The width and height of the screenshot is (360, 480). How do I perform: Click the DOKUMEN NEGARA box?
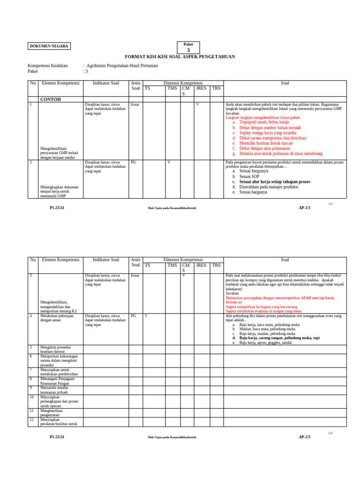pyautogui.click(x=49, y=46)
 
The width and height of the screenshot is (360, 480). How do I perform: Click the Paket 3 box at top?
pyautogui.click(x=188, y=47)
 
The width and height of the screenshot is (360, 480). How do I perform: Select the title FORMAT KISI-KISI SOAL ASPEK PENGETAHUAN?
pyautogui.click(x=180, y=56)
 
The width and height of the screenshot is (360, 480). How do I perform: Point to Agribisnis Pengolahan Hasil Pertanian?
pyautogui.click(x=122, y=66)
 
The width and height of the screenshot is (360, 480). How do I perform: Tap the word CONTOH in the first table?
pyautogui.click(x=51, y=99)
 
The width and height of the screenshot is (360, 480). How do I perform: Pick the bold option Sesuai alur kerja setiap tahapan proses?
pyautogui.click(x=275, y=181)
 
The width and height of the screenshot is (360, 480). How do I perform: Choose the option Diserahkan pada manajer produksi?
pyautogui.click(x=269, y=187)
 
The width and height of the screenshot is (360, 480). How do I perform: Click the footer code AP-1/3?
pyautogui.click(x=305, y=208)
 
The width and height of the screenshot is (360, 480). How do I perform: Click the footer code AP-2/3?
pyautogui.click(x=305, y=437)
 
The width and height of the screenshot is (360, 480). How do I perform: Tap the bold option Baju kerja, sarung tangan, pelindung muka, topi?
pyautogui.click(x=279, y=337)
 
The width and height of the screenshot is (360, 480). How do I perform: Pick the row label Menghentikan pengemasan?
pyautogui.click(x=52, y=412)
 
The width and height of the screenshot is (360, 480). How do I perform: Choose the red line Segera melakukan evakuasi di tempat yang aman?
pyautogui.click(x=263, y=311)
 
